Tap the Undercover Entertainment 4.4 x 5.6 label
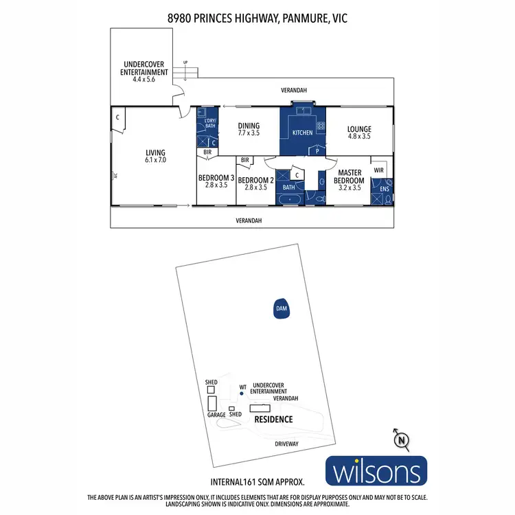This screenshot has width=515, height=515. point(144,71)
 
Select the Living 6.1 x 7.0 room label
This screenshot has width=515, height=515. point(155,157)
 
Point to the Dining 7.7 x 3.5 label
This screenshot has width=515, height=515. point(249,130)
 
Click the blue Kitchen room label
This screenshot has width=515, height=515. point(302,133)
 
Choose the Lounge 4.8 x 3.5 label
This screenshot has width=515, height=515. point(359,133)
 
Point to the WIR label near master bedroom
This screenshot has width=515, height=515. point(378,169)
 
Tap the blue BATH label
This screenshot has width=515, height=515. point(288,187)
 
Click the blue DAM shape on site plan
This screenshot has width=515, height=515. point(280,309)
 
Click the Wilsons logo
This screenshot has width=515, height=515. point(376,473)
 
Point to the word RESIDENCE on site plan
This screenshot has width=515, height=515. point(273,419)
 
